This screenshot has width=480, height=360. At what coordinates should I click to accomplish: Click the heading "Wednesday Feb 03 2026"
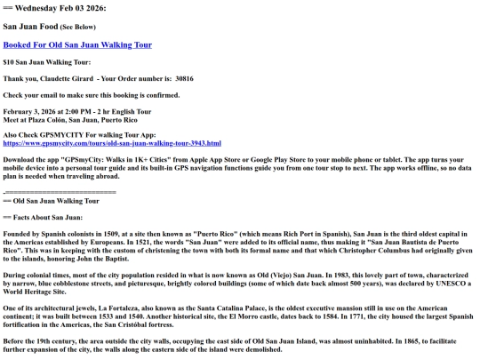pyautogui.click(x=59, y=8)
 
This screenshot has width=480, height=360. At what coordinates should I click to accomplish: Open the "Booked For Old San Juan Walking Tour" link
pyautogui.click(x=77, y=44)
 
